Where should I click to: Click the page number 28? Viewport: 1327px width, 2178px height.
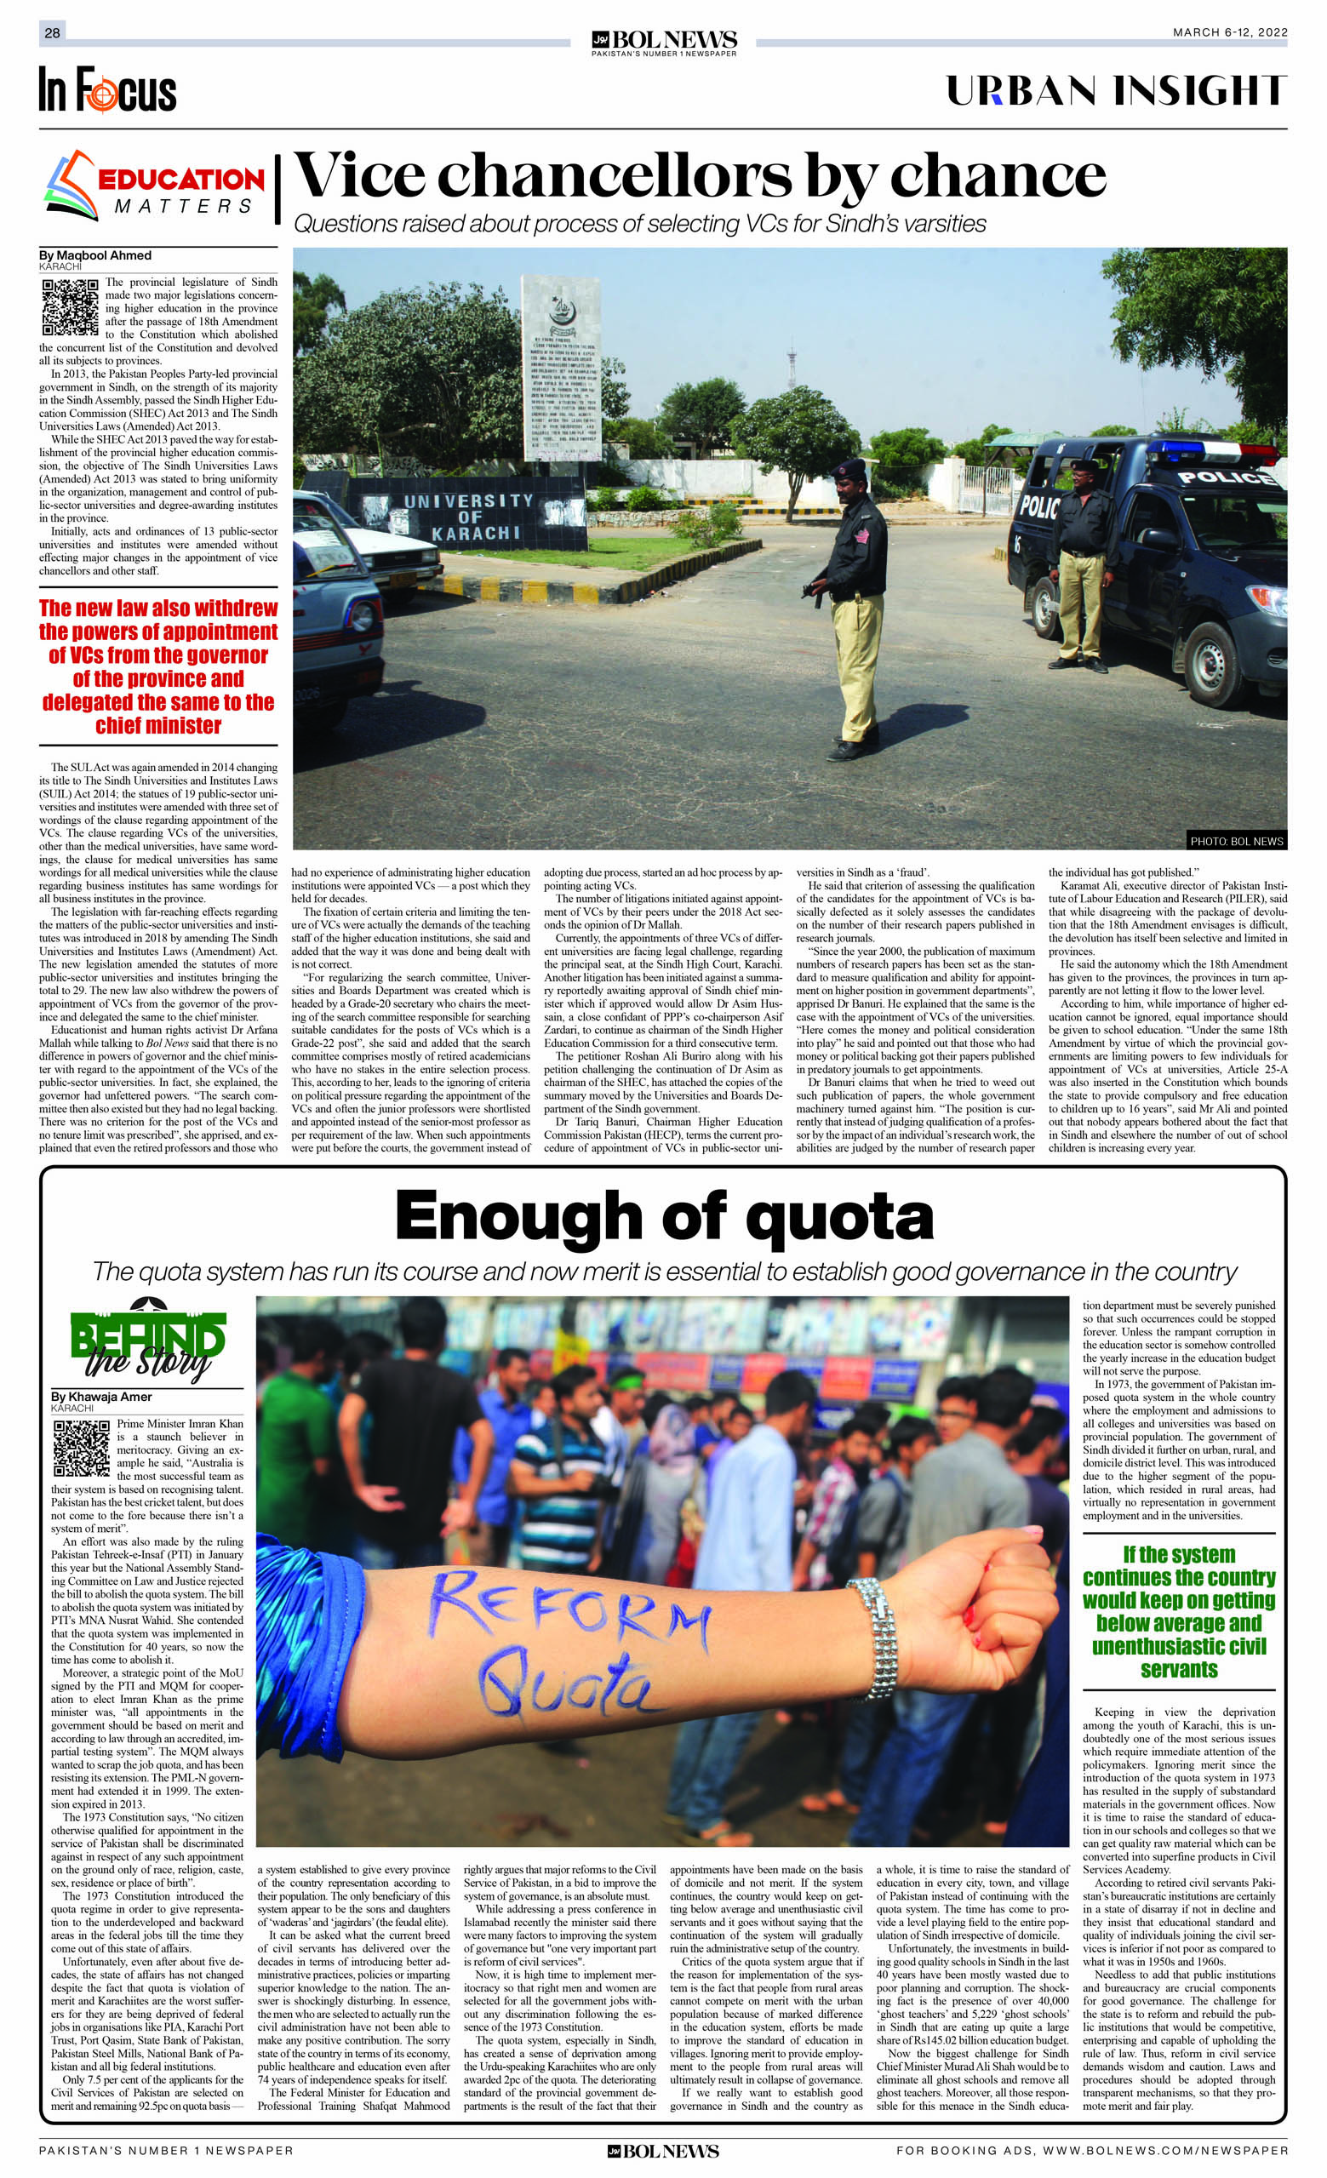coord(52,32)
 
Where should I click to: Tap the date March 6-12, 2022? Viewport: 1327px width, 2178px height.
coord(1229,32)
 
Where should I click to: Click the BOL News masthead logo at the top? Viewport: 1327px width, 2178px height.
coord(664,42)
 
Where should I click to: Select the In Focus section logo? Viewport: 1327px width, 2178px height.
coord(107,90)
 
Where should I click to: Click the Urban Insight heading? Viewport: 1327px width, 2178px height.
coord(1116,91)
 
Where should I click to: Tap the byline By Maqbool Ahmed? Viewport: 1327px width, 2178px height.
coord(94,255)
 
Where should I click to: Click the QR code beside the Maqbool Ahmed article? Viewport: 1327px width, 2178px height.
coord(69,306)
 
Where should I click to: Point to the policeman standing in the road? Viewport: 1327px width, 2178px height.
coord(852,610)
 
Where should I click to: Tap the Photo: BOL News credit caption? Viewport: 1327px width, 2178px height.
coord(1235,841)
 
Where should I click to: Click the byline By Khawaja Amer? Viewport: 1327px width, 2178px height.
coord(100,1397)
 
